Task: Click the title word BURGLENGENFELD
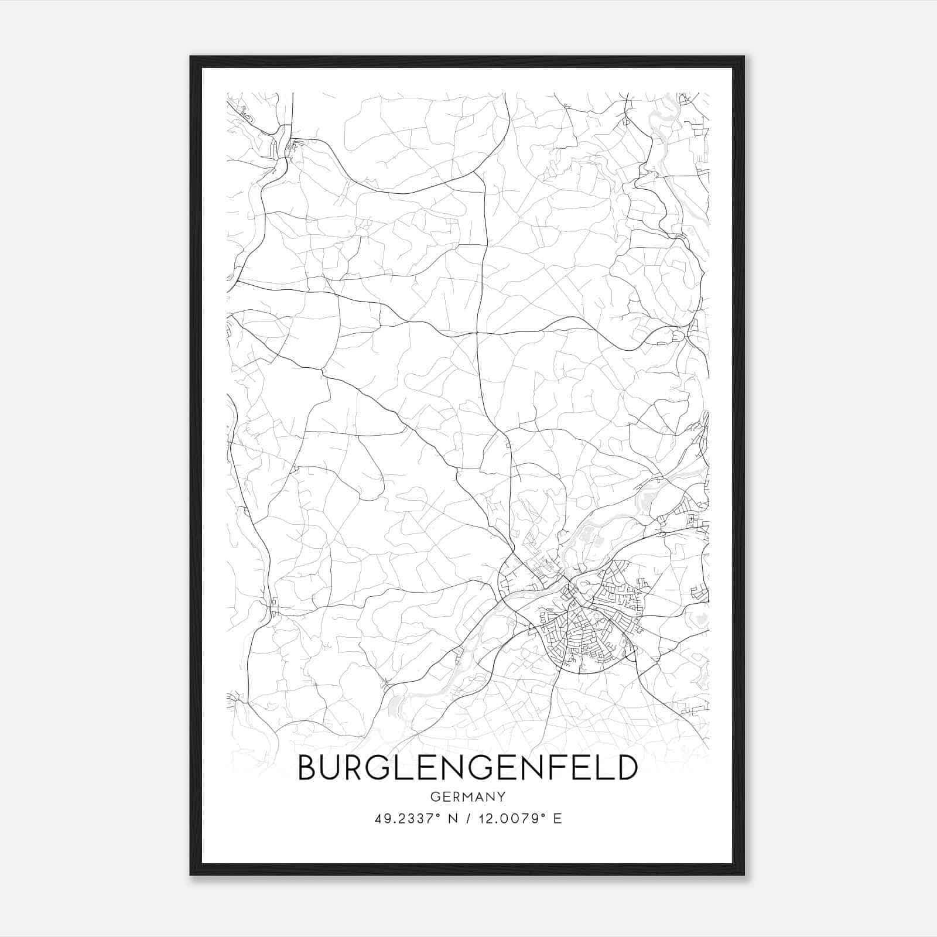(467, 768)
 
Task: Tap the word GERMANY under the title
(467, 797)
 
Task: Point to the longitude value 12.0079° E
(520, 819)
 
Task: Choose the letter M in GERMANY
(468, 797)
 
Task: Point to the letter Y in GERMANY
(501, 797)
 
